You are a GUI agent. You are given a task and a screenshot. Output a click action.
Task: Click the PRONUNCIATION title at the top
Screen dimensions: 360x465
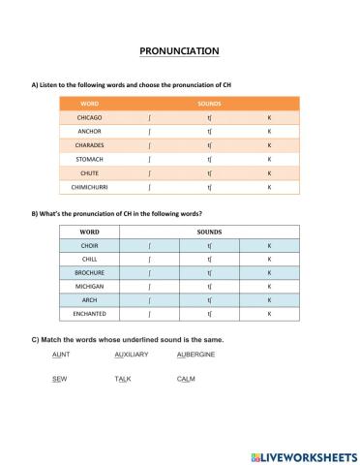(x=180, y=51)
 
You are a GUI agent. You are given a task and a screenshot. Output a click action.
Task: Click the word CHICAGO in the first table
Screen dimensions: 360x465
(x=89, y=116)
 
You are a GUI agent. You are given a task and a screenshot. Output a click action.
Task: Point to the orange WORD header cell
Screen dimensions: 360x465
(x=89, y=103)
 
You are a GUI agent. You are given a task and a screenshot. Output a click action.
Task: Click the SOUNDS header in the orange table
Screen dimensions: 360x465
(x=209, y=103)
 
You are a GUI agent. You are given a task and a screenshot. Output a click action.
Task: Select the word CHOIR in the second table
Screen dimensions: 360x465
(x=89, y=246)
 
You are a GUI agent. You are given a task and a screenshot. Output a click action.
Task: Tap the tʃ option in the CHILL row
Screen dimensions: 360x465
(x=209, y=260)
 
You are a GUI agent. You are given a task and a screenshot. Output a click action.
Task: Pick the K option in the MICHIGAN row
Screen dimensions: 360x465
(x=269, y=287)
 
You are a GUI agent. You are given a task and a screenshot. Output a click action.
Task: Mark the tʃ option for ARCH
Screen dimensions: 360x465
(x=209, y=300)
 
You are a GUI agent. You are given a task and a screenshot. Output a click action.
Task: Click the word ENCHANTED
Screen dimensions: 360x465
(x=89, y=315)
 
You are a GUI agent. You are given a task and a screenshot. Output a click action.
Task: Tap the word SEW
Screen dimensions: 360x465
(x=59, y=379)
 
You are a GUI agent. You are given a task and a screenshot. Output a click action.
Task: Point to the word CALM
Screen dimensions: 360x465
(x=186, y=379)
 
